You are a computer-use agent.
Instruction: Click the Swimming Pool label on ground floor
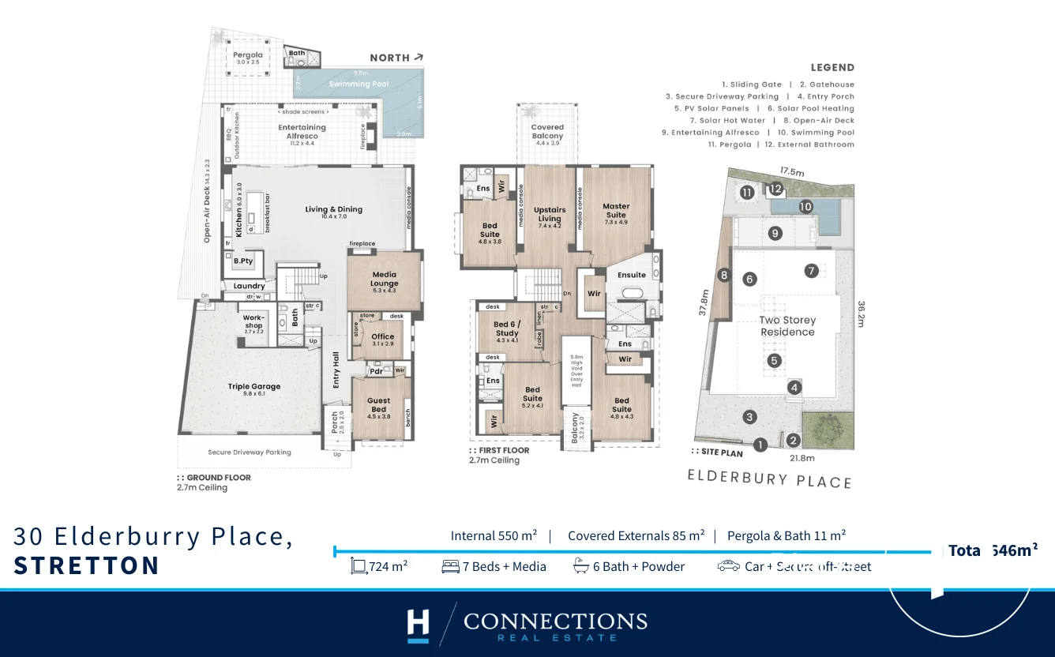(x=360, y=84)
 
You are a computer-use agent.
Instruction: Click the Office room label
(x=383, y=340)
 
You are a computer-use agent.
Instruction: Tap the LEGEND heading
(x=832, y=68)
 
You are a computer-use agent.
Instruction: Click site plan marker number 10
(x=805, y=207)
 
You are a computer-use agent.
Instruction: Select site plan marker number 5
(x=775, y=361)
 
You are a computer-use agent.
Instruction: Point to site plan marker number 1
(x=760, y=445)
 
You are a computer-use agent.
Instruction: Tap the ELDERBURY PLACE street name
(x=769, y=479)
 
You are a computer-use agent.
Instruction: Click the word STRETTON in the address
(x=87, y=565)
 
